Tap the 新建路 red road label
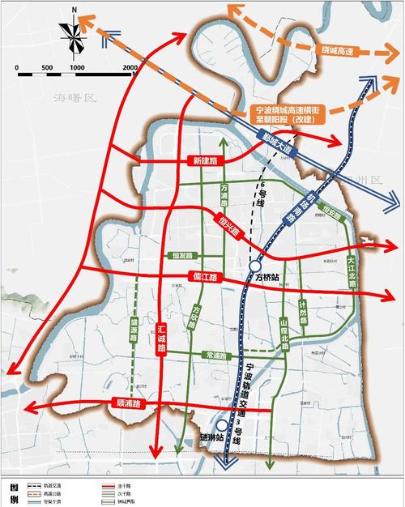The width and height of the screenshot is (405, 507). point(205,161)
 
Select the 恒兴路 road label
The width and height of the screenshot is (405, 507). point(229,226)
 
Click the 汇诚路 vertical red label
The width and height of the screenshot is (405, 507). point(161,338)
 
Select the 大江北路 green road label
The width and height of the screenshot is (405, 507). point(351,272)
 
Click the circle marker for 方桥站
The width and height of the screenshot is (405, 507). point(255,266)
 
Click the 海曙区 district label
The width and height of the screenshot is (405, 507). point(75,98)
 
